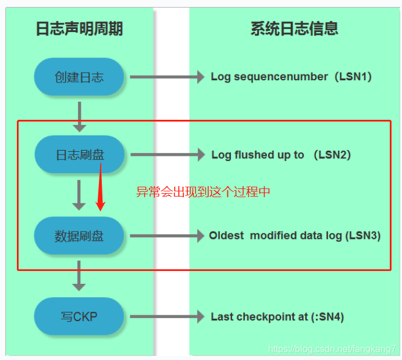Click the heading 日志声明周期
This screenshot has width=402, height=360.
pyautogui.click(x=79, y=28)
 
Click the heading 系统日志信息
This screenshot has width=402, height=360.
pyautogui.click(x=294, y=28)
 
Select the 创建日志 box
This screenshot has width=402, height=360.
pyautogui.click(x=79, y=77)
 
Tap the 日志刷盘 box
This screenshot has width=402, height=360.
pyautogui.click(x=79, y=155)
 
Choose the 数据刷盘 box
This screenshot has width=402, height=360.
pyautogui.click(x=79, y=236)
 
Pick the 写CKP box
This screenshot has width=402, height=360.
pyautogui.click(x=79, y=317)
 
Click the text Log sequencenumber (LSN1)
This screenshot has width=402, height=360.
pyautogui.click(x=291, y=77)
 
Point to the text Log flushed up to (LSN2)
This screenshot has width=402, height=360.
pyautogui.click(x=281, y=155)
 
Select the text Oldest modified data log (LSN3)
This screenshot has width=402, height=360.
pyautogui.click(x=295, y=236)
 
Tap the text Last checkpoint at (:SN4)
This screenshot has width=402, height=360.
pyautogui.click(x=278, y=317)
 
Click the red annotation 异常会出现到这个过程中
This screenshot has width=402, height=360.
pyautogui.click(x=203, y=192)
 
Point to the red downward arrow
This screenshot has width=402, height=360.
pyautogui.click(x=101, y=189)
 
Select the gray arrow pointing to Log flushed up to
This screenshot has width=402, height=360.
pyautogui.click(x=168, y=155)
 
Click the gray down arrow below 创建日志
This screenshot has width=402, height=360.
pyautogui.click(x=79, y=116)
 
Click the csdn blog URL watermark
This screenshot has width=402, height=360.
pyautogui.click(x=332, y=349)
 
